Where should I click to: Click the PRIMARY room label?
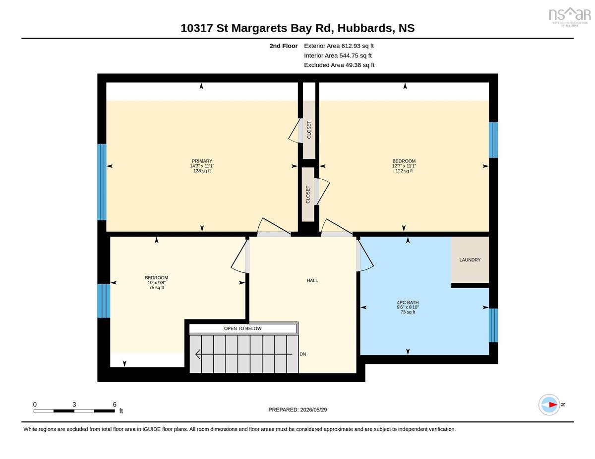point(202,161)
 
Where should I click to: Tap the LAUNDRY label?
point(470,260)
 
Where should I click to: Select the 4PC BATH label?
point(408,303)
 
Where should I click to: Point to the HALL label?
point(312,280)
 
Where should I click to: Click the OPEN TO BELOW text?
point(242,328)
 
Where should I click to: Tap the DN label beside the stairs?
point(302,354)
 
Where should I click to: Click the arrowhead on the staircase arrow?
point(198,354)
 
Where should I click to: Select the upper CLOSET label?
point(309,130)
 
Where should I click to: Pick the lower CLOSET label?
point(308,195)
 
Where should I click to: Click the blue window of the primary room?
point(102,182)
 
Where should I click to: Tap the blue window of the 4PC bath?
point(493,325)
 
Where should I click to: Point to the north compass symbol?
point(549,405)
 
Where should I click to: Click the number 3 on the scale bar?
point(74,405)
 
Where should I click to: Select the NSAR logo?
point(570,17)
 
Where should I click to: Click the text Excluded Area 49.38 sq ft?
point(339,65)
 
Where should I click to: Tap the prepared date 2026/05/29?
point(313,409)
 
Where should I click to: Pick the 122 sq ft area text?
point(404,171)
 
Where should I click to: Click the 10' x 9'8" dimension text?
point(156,283)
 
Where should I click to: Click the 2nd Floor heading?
point(284,46)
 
